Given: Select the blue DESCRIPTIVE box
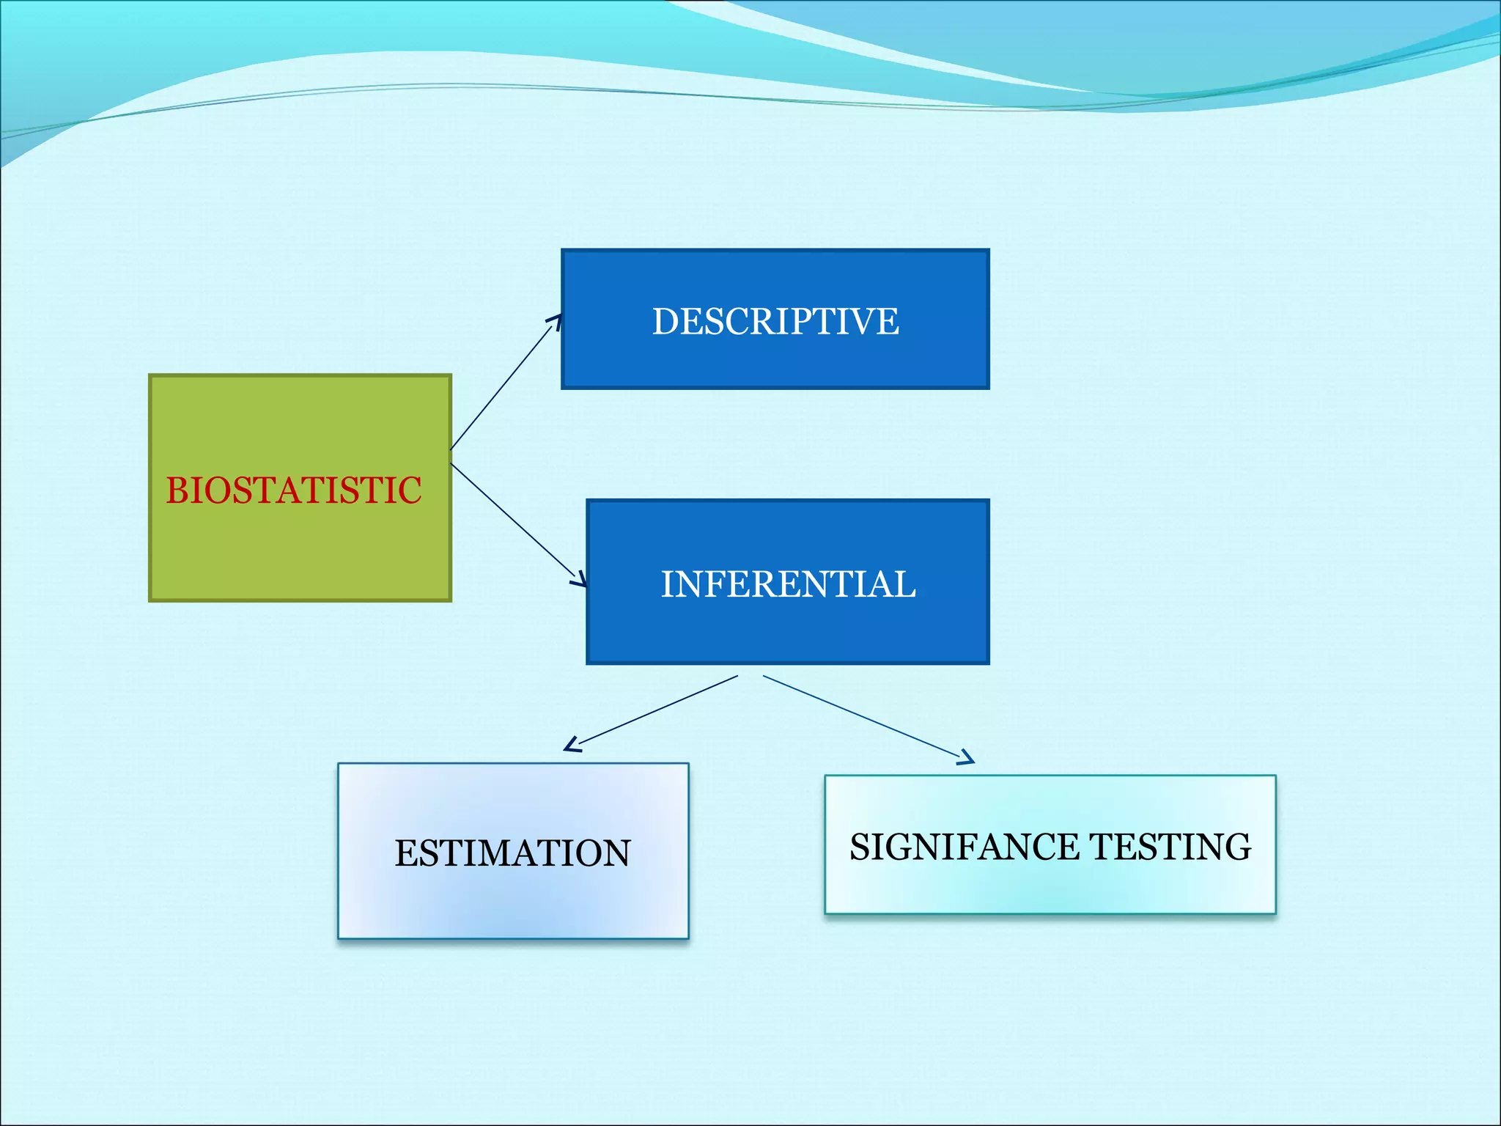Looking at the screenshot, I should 775,359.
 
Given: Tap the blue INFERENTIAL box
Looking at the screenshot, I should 788,630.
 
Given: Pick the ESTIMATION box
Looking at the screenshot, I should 513,902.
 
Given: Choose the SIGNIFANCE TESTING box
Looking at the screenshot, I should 1050,887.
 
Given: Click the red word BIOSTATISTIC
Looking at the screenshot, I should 294,490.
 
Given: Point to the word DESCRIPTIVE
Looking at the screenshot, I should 775,321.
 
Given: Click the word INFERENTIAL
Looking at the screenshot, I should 788,584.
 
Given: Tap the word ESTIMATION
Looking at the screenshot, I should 513,853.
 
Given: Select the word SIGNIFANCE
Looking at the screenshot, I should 964,847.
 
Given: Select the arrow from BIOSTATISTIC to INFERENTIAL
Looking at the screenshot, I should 517,523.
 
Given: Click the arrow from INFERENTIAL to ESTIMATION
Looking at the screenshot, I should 652,711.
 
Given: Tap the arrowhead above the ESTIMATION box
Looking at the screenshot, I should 572,746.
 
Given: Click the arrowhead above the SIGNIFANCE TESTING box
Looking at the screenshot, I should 967,759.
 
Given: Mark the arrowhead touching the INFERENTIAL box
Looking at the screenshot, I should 580,580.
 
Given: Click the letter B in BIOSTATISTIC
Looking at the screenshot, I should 177,490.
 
